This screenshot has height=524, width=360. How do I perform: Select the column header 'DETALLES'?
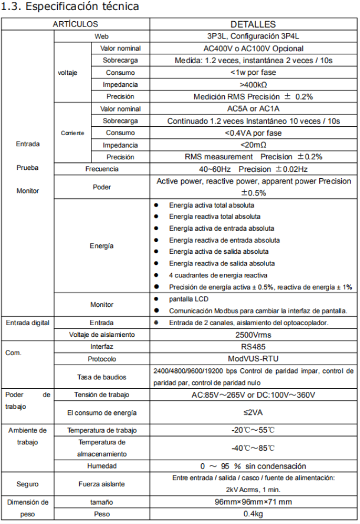click(x=253, y=24)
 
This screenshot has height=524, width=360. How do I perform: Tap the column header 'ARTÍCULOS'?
click(x=76, y=24)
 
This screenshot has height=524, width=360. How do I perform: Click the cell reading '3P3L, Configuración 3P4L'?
click(x=253, y=36)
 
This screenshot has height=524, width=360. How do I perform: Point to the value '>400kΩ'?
click(x=253, y=84)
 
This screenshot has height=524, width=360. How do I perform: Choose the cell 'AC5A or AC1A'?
click(x=253, y=109)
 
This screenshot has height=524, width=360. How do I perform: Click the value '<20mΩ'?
click(x=253, y=145)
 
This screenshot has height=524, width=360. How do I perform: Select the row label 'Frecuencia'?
click(x=102, y=169)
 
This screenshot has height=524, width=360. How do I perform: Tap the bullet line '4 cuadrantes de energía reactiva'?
click(x=218, y=276)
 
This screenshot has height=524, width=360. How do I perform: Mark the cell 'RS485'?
click(x=253, y=347)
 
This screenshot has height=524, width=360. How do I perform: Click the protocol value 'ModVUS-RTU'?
click(x=253, y=359)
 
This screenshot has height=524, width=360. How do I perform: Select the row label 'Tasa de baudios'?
click(x=102, y=376)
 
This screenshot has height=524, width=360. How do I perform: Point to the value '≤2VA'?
click(x=253, y=412)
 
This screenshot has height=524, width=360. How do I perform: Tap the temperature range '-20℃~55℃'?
click(x=253, y=430)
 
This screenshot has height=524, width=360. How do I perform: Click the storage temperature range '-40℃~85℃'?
click(x=253, y=448)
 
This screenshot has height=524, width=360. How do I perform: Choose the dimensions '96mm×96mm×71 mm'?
click(x=253, y=502)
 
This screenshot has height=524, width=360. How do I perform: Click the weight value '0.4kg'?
click(x=253, y=515)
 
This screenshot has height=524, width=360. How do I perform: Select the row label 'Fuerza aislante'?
click(x=102, y=484)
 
